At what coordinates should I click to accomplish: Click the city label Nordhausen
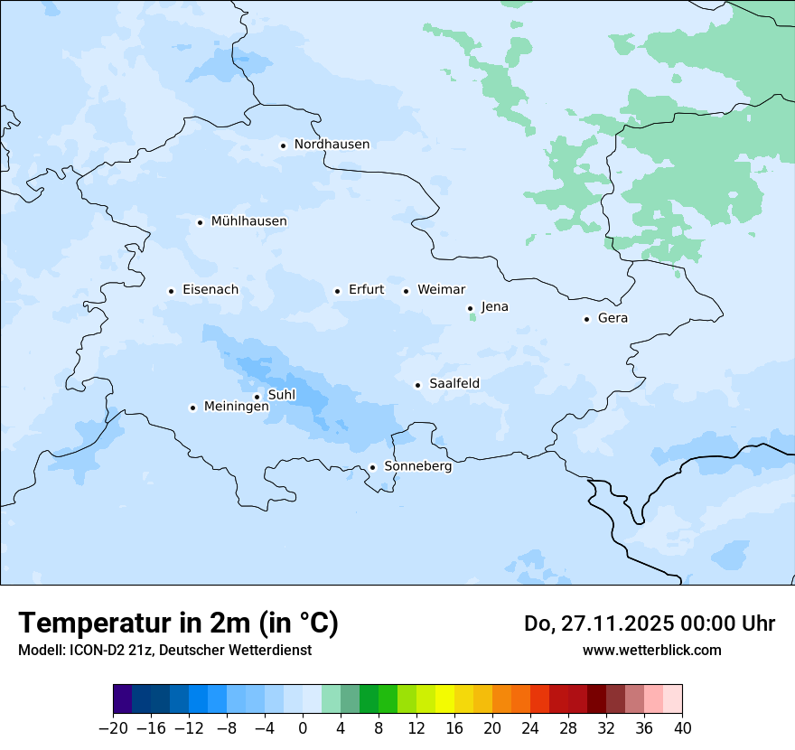[x=332, y=145]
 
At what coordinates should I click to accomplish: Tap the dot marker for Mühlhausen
[x=200, y=222]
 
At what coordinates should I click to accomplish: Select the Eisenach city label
[x=210, y=290]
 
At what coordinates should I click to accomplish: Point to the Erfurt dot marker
[x=337, y=291]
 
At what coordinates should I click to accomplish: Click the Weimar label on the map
[x=441, y=290]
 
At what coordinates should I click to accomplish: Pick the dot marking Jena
[x=470, y=308]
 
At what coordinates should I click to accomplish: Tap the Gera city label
[x=613, y=318]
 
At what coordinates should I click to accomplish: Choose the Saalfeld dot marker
[x=417, y=385]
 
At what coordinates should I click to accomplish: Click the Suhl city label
[x=282, y=395]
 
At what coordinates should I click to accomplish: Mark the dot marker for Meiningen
[x=192, y=408]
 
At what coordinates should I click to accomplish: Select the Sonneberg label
[x=417, y=466]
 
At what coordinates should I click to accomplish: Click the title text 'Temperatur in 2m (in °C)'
[x=178, y=623]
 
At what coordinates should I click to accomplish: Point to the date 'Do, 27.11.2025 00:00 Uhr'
[x=650, y=623]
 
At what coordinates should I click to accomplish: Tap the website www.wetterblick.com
[x=651, y=650]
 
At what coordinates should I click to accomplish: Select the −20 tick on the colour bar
[x=113, y=727]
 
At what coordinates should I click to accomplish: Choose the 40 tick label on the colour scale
[x=682, y=727]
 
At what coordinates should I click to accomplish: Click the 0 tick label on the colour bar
[x=303, y=727]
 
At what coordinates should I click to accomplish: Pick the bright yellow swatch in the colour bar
[x=444, y=699]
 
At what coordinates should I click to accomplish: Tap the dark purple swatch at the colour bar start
[x=122, y=699]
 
